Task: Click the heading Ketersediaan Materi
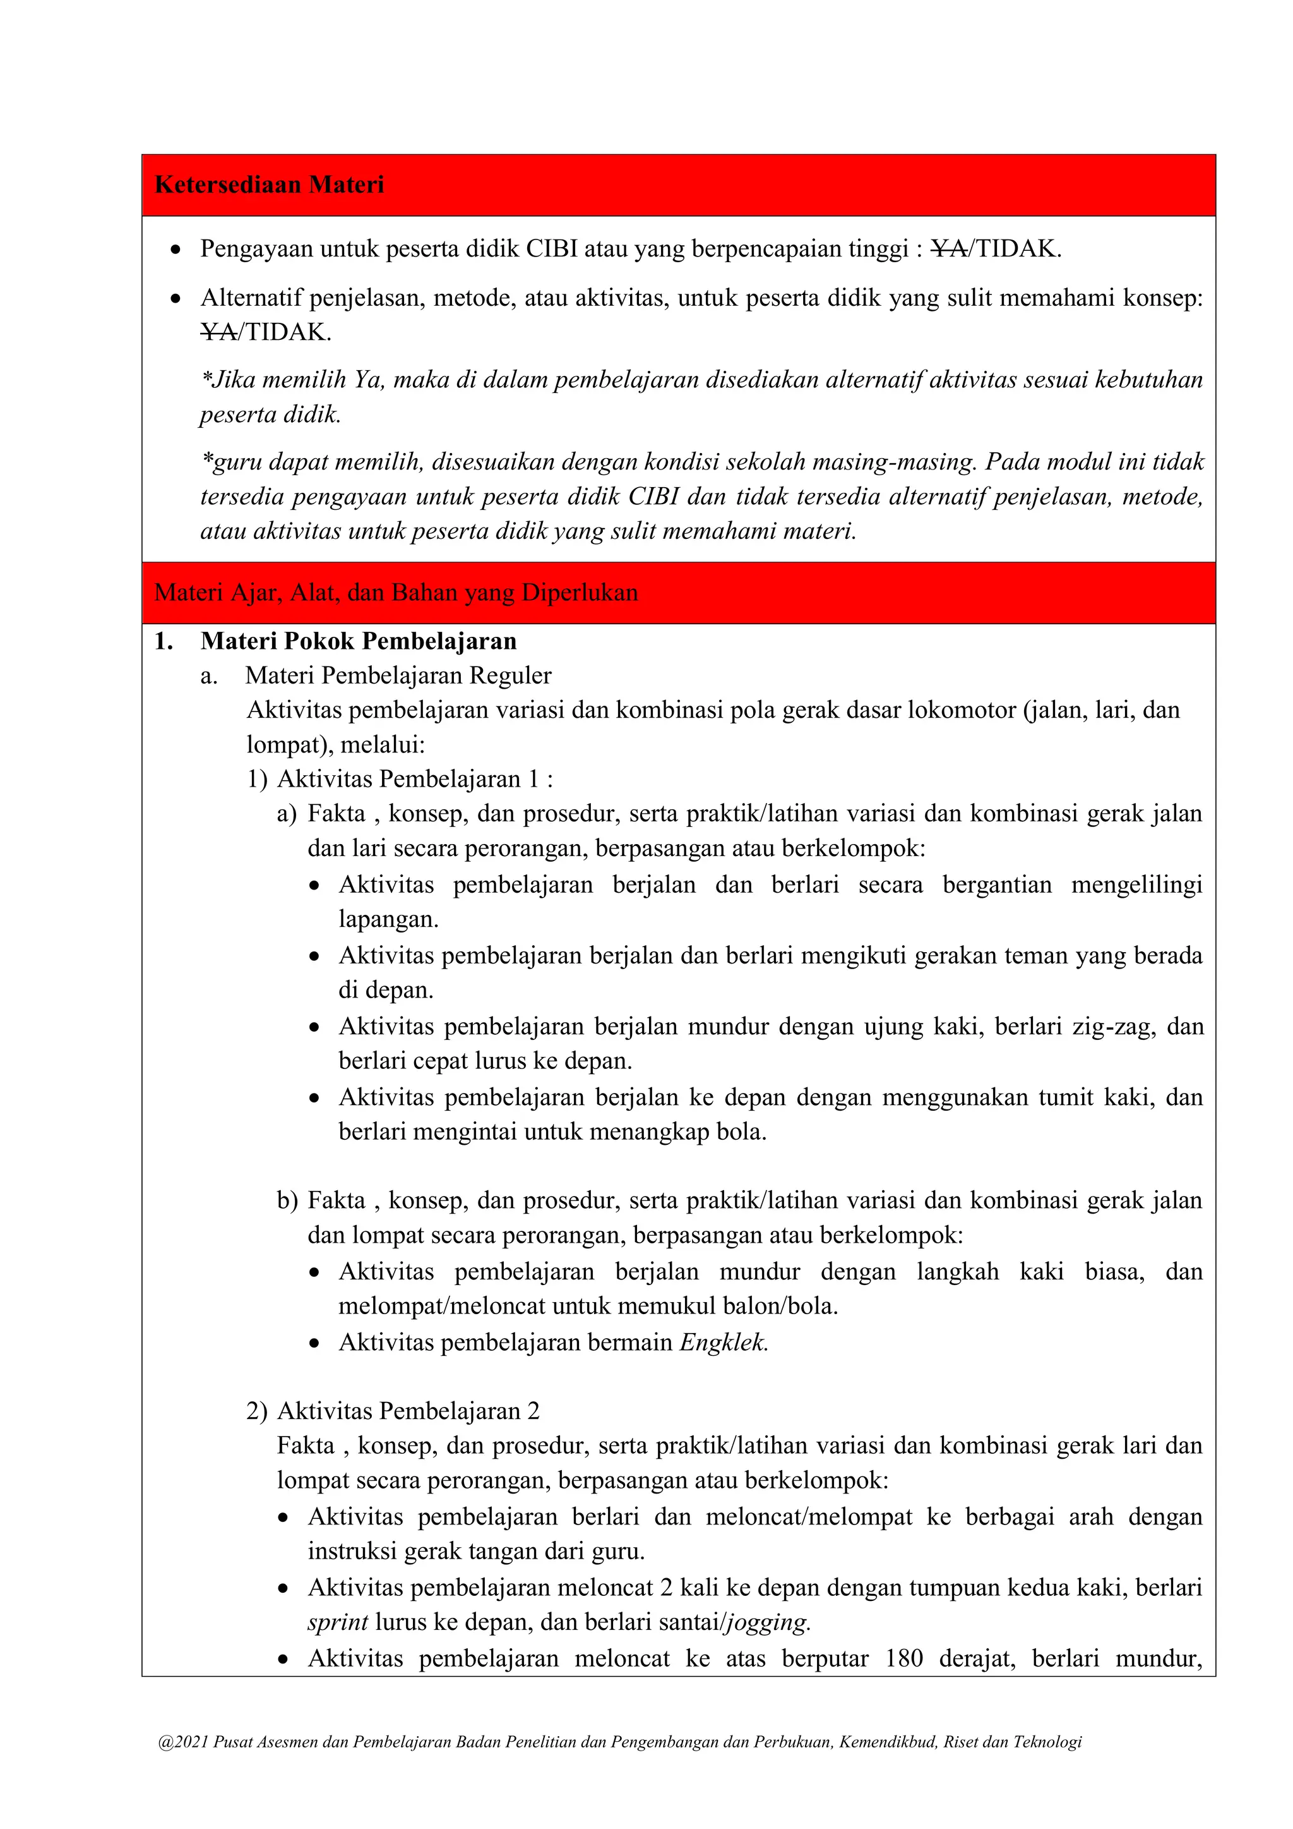point(269,185)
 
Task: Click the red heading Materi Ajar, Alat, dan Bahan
point(396,593)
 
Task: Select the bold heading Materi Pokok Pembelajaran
point(358,641)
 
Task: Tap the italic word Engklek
point(723,1343)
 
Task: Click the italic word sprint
point(338,1622)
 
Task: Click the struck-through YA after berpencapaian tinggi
point(949,250)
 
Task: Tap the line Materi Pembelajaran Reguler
point(398,675)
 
